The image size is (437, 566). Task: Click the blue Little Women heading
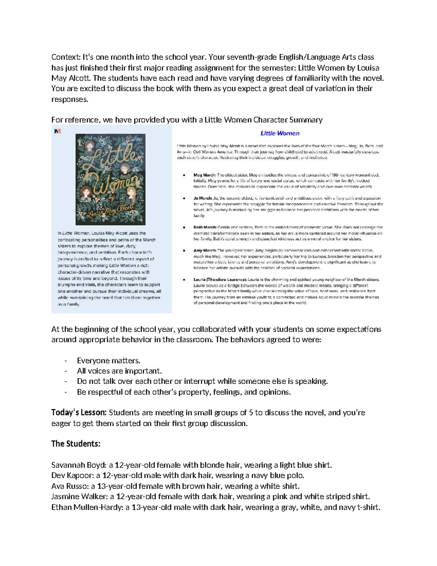coord(280,133)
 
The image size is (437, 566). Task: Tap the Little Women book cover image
coord(110,179)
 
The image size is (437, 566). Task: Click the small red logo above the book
coord(57,131)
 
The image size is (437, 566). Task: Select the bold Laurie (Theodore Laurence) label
coord(220,280)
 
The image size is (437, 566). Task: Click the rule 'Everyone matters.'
coord(109,360)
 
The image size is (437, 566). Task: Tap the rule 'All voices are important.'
coord(119,371)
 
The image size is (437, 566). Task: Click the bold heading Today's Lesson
coord(79,413)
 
